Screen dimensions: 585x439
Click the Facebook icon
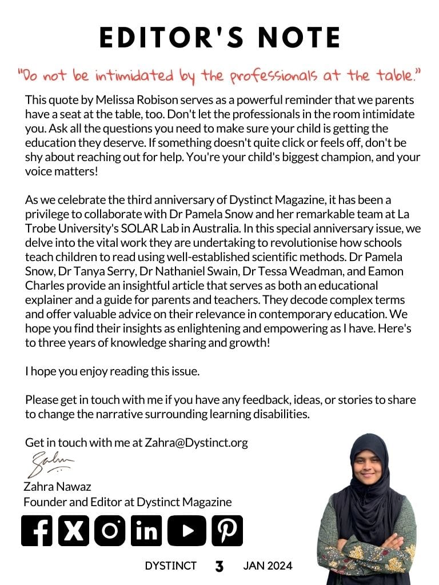pyautogui.click(x=37, y=531)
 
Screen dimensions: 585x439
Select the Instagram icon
pyautogui.click(x=110, y=531)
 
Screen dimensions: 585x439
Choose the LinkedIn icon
pyautogui.click(x=146, y=531)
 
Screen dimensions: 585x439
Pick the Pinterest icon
pyautogui.click(x=227, y=531)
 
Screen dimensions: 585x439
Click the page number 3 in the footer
pyautogui.click(x=219, y=567)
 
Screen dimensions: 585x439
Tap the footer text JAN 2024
pyautogui.click(x=268, y=566)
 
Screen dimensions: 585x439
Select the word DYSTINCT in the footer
pyautogui.click(x=170, y=566)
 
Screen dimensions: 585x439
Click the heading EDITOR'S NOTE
pyautogui.click(x=219, y=38)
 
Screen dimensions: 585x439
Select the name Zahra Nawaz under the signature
pyautogui.click(x=57, y=487)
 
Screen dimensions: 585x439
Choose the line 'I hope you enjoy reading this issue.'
pyautogui.click(x=112, y=371)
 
